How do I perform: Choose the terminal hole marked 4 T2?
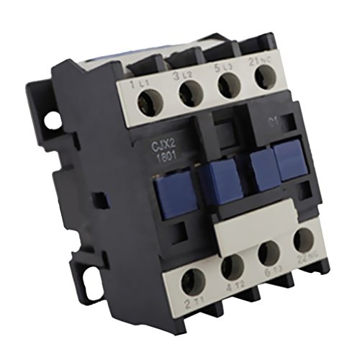233,267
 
